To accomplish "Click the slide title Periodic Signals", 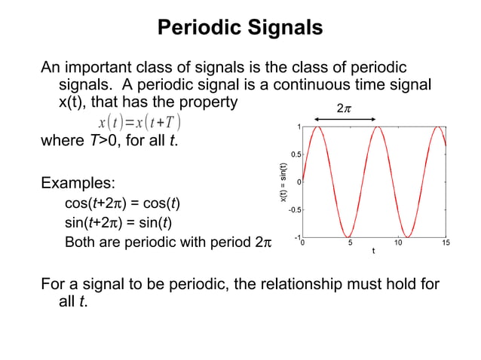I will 240,28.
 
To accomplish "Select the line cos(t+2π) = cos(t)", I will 122,203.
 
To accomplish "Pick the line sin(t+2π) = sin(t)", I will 121,223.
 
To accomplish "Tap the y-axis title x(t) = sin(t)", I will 283,182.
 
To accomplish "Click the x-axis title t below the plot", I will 373,251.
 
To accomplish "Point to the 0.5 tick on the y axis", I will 296,154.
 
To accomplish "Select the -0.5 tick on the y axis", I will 294,209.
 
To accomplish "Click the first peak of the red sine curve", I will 317,127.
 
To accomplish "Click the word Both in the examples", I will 80,243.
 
